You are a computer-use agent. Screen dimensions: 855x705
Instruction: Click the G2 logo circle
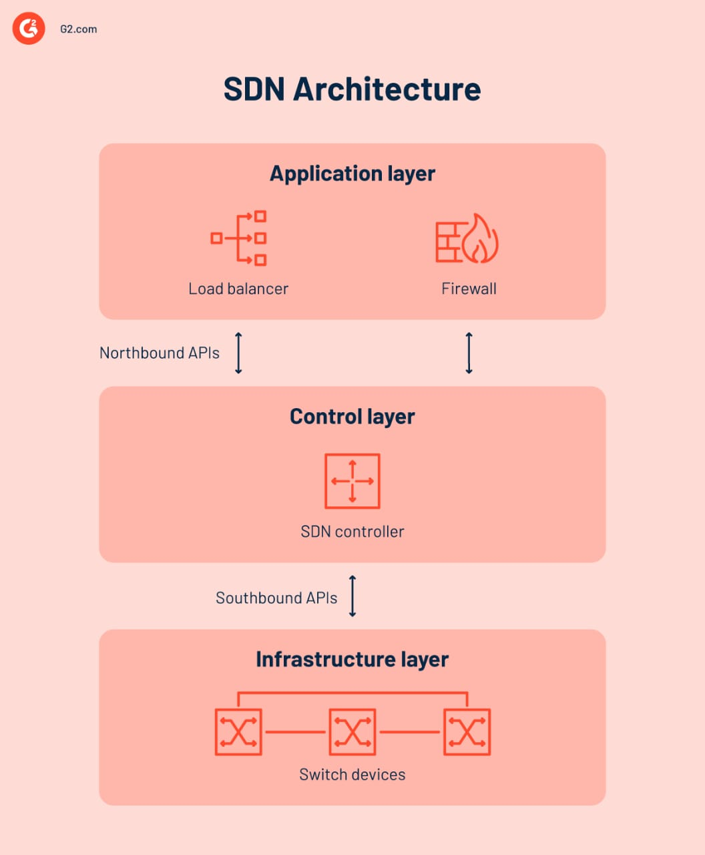pyautogui.click(x=29, y=29)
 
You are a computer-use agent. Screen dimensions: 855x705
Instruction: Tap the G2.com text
pyautogui.click(x=78, y=29)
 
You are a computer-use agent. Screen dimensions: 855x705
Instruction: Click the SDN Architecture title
pyautogui.click(x=352, y=90)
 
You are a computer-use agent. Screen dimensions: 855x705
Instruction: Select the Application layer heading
pyautogui.click(x=352, y=174)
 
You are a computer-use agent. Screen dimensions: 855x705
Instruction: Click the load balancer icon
pyautogui.click(x=239, y=238)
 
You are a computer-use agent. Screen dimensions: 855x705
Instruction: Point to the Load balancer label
pyautogui.click(x=238, y=289)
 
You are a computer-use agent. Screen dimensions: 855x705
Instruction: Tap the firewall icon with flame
pyautogui.click(x=467, y=238)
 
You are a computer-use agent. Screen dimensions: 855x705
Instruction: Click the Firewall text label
pyautogui.click(x=469, y=289)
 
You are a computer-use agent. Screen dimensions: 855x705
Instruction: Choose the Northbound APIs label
pyautogui.click(x=160, y=353)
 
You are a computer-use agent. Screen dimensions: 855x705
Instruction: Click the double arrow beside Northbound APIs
pyautogui.click(x=238, y=353)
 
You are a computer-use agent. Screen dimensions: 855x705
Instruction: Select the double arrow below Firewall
pyautogui.click(x=469, y=353)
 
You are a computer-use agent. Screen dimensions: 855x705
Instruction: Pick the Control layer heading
pyautogui.click(x=352, y=417)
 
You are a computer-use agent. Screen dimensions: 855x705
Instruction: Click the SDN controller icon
pyautogui.click(x=352, y=481)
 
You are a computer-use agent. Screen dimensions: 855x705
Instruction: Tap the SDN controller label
pyautogui.click(x=352, y=532)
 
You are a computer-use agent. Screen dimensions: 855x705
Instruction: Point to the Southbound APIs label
pyautogui.click(x=276, y=598)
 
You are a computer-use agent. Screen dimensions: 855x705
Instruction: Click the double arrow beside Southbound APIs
pyautogui.click(x=352, y=596)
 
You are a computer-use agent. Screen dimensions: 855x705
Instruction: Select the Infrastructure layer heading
pyautogui.click(x=352, y=660)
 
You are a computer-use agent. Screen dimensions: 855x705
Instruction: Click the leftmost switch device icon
pyautogui.click(x=238, y=732)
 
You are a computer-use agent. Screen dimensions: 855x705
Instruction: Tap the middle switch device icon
pyautogui.click(x=352, y=732)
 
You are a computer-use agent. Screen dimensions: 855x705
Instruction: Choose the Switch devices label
pyautogui.click(x=352, y=775)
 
